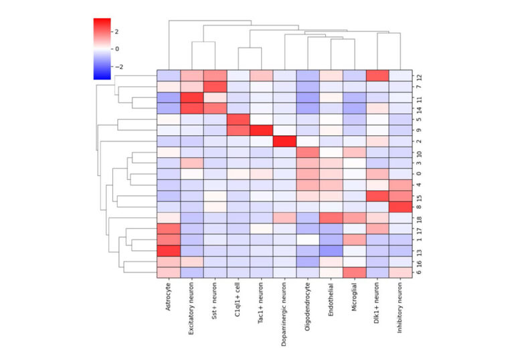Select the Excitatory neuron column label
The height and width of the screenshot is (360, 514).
(192, 314)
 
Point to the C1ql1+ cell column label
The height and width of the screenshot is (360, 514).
(238, 304)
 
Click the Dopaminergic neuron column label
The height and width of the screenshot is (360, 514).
(284, 318)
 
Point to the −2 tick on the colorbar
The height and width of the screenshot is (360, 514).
(119, 67)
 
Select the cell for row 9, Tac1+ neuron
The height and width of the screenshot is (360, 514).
(262, 130)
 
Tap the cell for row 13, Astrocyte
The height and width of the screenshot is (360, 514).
(169, 251)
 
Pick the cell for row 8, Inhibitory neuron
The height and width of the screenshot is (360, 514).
(400, 207)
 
